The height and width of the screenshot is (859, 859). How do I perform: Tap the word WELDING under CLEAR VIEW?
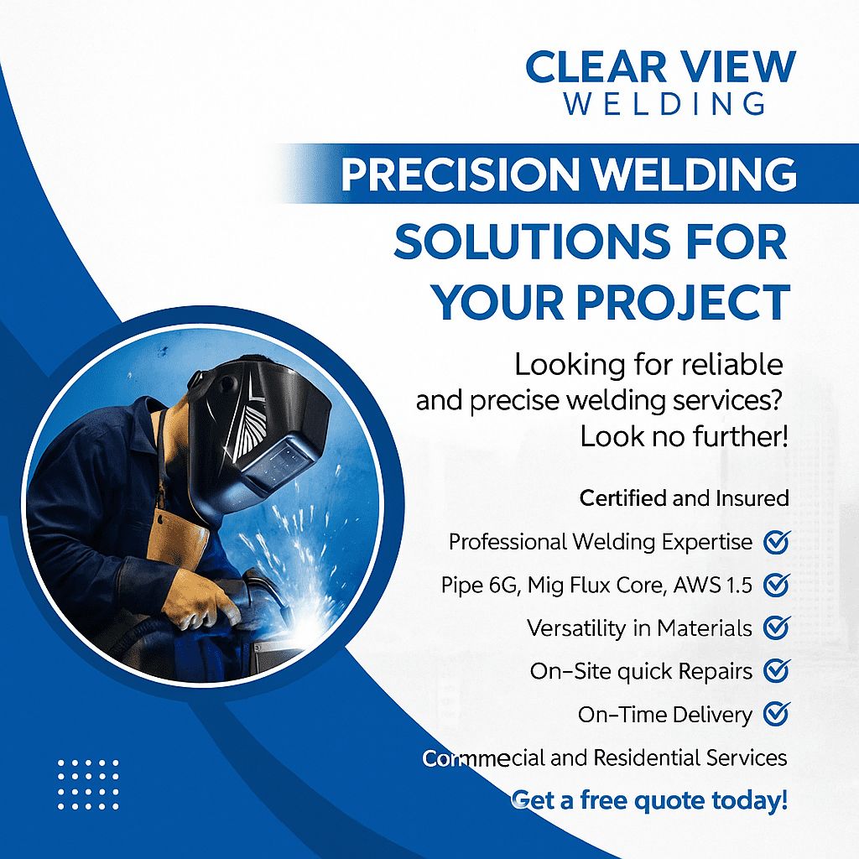coord(665,103)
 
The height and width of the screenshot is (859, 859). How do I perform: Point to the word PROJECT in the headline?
coord(684,302)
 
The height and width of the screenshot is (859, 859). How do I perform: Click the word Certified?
coord(623,498)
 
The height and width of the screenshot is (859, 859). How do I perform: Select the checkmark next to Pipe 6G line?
coord(777,585)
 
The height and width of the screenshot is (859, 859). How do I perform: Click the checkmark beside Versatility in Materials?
coord(777,627)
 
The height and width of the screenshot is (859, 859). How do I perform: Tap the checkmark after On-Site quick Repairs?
coord(777,670)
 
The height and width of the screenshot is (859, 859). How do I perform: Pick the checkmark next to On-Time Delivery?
coord(777,713)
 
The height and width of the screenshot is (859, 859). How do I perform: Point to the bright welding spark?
coord(299,624)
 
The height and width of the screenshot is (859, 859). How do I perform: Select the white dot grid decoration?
coord(88,784)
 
